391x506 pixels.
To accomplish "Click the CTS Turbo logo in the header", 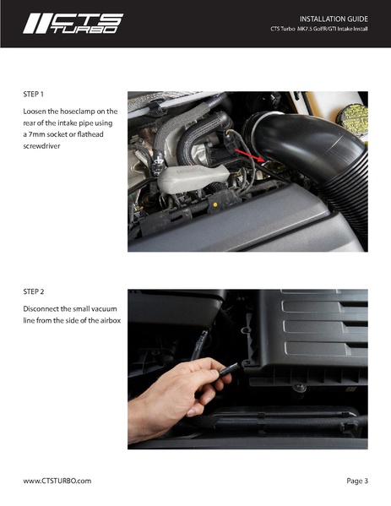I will click(x=72, y=23).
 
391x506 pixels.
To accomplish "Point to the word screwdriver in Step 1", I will click(x=44, y=146).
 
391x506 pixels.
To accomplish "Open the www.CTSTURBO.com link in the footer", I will click(x=57, y=481).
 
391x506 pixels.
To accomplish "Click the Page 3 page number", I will click(x=356, y=481).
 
